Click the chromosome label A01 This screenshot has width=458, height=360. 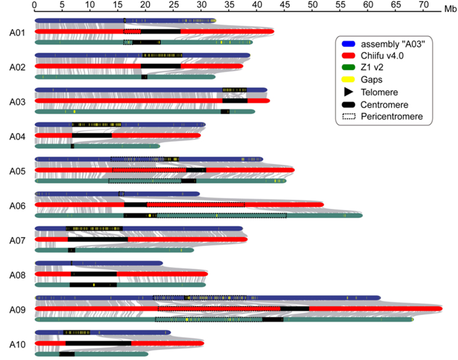17,32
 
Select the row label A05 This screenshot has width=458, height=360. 17,171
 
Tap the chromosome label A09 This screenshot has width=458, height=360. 17,310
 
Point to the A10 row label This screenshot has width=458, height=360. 17,344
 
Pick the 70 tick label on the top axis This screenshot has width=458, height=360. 423,4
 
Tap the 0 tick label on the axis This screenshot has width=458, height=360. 35,4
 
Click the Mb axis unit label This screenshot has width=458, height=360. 449,9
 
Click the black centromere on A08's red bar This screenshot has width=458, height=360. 94,274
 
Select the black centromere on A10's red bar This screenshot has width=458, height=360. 99,343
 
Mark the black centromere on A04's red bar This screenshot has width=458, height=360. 92,136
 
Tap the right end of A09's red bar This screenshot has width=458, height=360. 441,308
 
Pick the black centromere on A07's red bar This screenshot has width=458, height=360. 98,240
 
